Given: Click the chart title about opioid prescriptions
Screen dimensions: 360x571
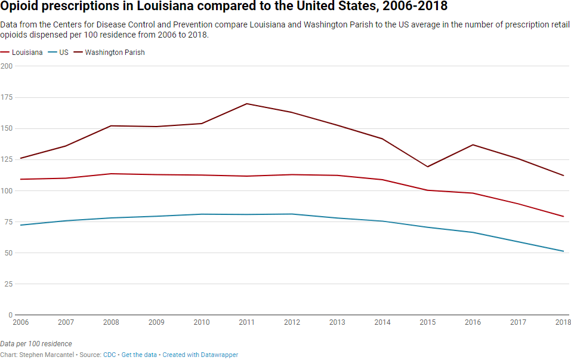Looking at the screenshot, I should [x=224, y=7].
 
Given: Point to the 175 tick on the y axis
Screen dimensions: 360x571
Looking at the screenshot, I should [x=7, y=97].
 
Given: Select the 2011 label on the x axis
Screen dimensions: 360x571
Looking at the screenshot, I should [x=247, y=322].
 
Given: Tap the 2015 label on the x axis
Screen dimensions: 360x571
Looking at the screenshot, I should [x=428, y=322].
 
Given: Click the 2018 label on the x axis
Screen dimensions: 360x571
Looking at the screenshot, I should [x=563, y=322].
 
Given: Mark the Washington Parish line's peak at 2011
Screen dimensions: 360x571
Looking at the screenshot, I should [x=247, y=104].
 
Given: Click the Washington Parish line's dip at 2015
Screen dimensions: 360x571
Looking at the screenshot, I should [x=428, y=167].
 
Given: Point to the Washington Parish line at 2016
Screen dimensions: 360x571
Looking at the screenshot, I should [x=473, y=144].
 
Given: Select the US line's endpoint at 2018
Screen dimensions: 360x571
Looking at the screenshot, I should [x=563, y=251].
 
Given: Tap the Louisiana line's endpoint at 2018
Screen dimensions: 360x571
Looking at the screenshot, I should [x=563, y=217].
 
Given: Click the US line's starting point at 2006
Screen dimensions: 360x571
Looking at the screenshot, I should [x=21, y=225].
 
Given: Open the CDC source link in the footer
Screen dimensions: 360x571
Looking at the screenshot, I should [x=110, y=355].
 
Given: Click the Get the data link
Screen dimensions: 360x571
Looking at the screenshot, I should [x=139, y=355].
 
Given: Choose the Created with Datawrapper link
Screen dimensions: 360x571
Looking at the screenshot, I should [x=200, y=355].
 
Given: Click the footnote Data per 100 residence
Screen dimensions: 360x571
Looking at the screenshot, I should [x=36, y=344].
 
